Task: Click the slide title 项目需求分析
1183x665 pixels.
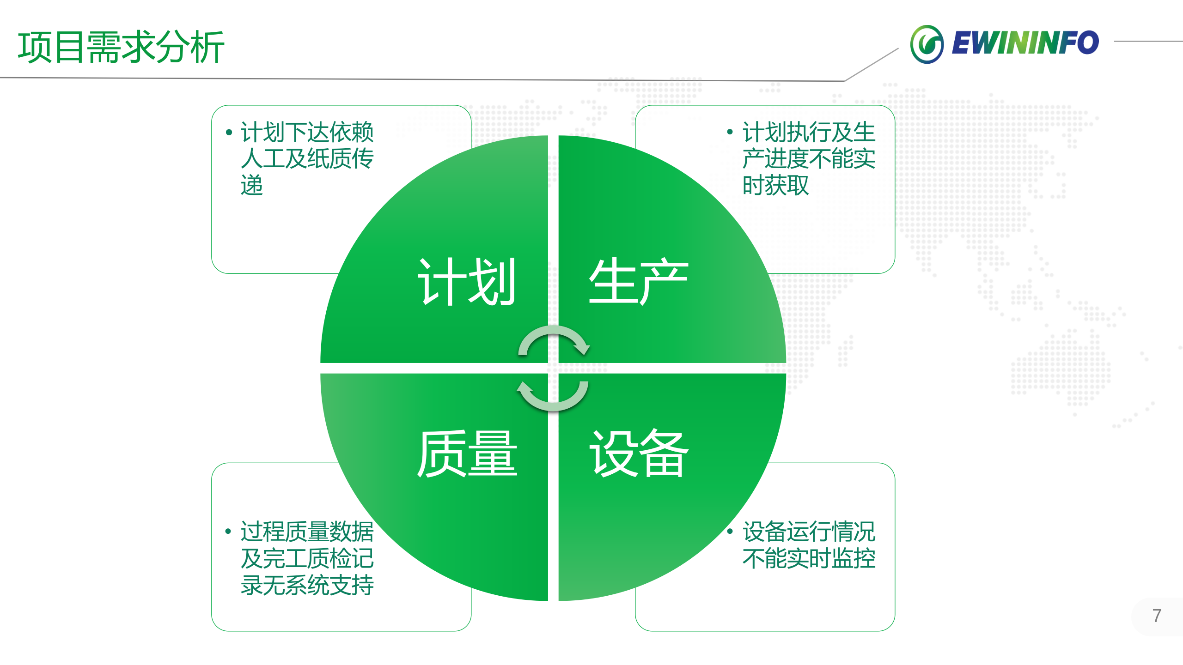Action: click(x=121, y=47)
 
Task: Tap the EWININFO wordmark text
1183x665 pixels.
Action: click(x=1025, y=43)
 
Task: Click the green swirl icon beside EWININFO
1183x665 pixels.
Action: click(x=927, y=44)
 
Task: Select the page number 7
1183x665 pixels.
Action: click(x=1157, y=616)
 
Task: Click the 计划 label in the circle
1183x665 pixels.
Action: click(x=466, y=281)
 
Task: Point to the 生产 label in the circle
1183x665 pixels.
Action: click(x=638, y=281)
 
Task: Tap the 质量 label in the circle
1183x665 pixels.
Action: click(x=467, y=453)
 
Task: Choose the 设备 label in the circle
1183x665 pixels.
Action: click(x=638, y=453)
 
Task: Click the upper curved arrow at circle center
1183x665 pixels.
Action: click(x=554, y=341)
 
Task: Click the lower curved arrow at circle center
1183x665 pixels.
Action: click(x=553, y=396)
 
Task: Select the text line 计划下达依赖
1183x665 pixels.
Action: click(x=307, y=133)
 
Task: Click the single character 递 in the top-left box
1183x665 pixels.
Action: click(x=252, y=186)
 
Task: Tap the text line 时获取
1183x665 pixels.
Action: click(x=775, y=186)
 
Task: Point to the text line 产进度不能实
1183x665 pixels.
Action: click(x=809, y=159)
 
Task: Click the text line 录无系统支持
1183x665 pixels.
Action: click(x=307, y=585)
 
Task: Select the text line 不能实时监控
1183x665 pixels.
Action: click(x=809, y=558)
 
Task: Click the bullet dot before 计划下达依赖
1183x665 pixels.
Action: click(x=229, y=133)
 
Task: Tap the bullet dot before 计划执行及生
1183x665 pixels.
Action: click(x=730, y=133)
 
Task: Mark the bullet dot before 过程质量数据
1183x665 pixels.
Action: click(x=228, y=532)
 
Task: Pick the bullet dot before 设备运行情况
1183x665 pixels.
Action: click(x=730, y=532)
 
